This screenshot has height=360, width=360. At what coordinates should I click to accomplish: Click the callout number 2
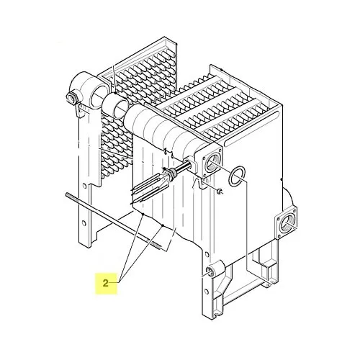tap(106, 284)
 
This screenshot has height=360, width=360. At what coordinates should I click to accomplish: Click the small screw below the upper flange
tap(220, 192)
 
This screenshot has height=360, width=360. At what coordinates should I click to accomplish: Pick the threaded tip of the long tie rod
tap(156, 245)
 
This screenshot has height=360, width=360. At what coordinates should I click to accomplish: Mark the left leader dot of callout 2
tap(143, 214)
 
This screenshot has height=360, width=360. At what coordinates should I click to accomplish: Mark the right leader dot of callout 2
tap(163, 225)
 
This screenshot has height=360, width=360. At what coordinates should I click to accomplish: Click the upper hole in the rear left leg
tap(84, 186)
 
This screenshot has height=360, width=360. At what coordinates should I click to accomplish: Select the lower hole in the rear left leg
tap(84, 223)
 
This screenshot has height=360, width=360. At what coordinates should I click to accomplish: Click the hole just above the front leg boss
tap(206, 255)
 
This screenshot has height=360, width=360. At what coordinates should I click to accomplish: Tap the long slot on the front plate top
tap(251, 128)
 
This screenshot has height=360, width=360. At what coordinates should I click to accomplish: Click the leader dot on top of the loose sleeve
tap(116, 93)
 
